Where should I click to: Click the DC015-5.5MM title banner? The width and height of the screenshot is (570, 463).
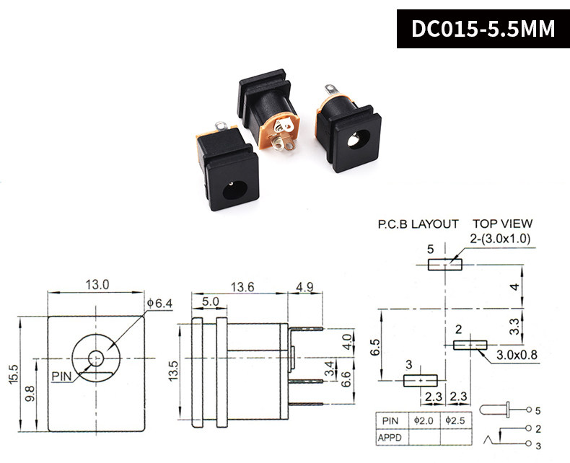click(483, 29)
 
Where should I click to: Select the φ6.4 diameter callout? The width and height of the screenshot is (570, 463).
click(159, 304)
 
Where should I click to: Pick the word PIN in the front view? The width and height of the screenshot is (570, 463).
click(61, 375)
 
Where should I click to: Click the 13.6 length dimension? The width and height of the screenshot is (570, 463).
click(242, 286)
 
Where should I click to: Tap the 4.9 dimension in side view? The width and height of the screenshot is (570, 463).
click(304, 286)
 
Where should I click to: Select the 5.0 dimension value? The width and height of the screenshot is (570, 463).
click(210, 301)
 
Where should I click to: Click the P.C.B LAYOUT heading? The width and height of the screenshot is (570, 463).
click(418, 224)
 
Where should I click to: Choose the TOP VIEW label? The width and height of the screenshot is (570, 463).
click(502, 224)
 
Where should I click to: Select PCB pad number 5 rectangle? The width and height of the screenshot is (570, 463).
click(444, 265)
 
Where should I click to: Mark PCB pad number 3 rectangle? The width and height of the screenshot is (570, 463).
click(421, 380)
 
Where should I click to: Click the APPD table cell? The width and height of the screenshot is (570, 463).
click(392, 436)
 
